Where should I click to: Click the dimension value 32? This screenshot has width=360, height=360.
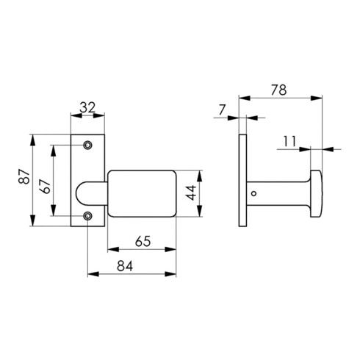tap(87, 107)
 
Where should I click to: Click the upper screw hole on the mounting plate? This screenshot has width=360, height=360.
tap(88, 145)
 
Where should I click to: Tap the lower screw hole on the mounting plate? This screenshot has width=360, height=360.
tap(88, 215)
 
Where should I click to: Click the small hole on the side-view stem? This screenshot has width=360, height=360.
tap(254, 194)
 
